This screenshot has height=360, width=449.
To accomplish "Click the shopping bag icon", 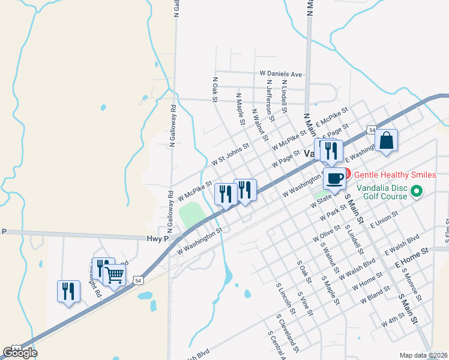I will pyautogui.click(x=387, y=141).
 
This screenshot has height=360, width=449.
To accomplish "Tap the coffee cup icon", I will pyautogui.click(x=334, y=178).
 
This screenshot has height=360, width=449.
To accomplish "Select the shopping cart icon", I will pyautogui.click(x=114, y=275).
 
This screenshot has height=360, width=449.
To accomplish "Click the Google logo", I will pyautogui.click(x=19, y=353).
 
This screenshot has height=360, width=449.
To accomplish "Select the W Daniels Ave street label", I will pyautogui.click(x=281, y=73).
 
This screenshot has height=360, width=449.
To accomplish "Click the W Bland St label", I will pyautogui.click(x=372, y=293).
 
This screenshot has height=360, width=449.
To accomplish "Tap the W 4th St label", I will pyautogui.click(x=394, y=319).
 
